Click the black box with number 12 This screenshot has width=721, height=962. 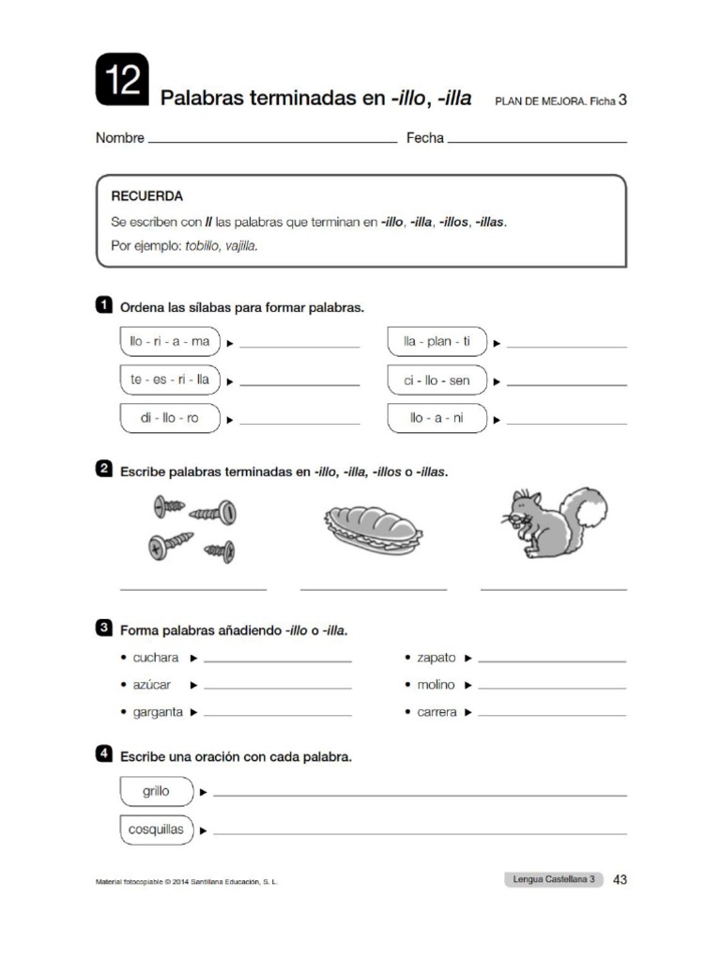click(122, 80)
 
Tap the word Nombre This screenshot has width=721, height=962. click(120, 138)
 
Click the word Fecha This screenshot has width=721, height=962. click(424, 138)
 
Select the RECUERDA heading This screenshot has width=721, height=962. click(147, 196)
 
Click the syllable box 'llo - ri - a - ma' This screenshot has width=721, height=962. click(170, 342)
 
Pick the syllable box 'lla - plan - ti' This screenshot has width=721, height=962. click(437, 342)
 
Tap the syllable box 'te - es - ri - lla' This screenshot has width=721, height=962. click(170, 380)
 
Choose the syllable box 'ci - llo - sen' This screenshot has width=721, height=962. click(437, 380)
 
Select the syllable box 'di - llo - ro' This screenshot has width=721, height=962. click(170, 418)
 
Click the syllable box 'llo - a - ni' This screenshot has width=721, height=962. click(437, 418)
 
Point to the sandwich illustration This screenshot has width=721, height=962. click(373, 529)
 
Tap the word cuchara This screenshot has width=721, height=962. click(156, 658)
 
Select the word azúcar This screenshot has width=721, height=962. click(152, 685)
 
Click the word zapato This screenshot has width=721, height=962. click(437, 658)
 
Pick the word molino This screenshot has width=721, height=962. click(436, 685)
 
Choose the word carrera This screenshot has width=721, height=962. click(437, 712)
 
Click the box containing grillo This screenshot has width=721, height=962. click(157, 792)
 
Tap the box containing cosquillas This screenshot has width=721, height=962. click(157, 830)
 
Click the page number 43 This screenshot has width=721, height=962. click(620, 880)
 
